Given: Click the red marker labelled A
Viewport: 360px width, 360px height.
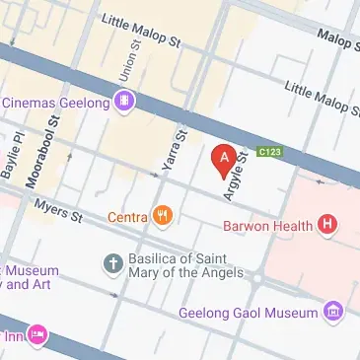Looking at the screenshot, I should click(223, 158).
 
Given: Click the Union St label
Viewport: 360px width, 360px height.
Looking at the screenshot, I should click(125, 67).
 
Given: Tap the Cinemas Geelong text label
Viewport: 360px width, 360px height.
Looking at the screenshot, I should click(55, 101).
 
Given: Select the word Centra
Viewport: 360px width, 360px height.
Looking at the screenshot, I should click(127, 216).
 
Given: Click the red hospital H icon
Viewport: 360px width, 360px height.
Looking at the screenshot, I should click(329, 225).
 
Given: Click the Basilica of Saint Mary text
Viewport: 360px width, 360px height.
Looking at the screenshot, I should click(183, 269).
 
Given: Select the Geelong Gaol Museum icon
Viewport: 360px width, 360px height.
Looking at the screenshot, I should click(335, 313).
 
